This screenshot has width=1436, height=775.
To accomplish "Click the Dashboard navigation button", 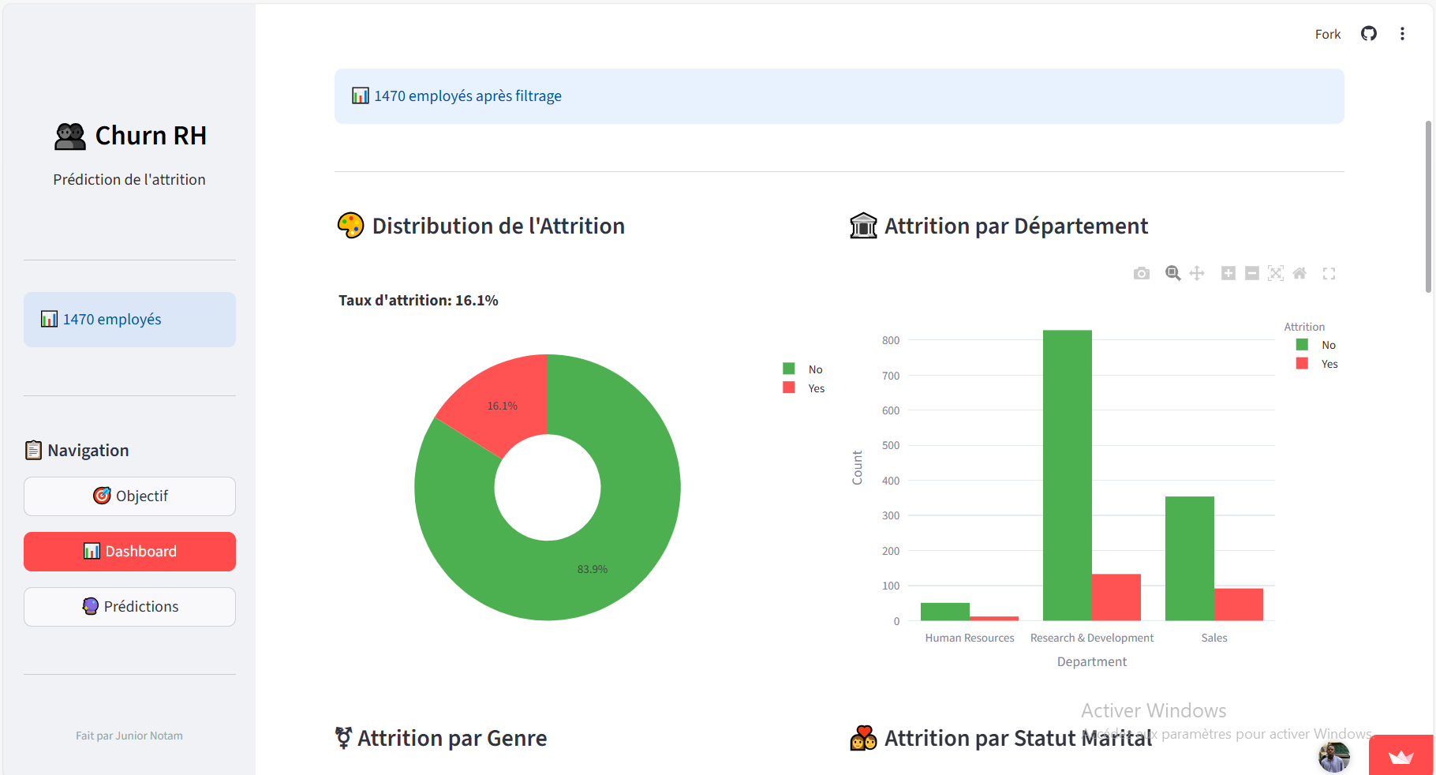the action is pyautogui.click(x=129, y=551).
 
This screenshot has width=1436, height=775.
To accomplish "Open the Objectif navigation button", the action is pyautogui.click(x=129, y=496).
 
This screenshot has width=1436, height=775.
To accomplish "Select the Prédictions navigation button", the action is pyautogui.click(x=129, y=606).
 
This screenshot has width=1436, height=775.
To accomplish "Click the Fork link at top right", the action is pyautogui.click(x=1327, y=34).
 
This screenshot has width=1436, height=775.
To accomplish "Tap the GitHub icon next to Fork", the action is pyautogui.click(x=1369, y=33).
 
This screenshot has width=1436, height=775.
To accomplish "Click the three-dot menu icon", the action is pyautogui.click(x=1402, y=33).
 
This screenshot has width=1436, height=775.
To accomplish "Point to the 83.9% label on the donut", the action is pyautogui.click(x=592, y=569).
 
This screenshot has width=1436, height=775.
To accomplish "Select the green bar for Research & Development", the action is pyautogui.click(x=1067, y=474).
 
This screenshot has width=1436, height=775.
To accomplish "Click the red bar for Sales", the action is pyautogui.click(x=1238, y=604).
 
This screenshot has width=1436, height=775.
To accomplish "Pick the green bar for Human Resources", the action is pyautogui.click(x=944, y=612).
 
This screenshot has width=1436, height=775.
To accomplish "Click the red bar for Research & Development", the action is pyautogui.click(x=1116, y=597).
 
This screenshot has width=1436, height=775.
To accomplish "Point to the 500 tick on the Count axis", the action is pyautogui.click(x=891, y=445).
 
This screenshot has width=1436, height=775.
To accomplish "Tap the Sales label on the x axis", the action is pyautogui.click(x=1213, y=638).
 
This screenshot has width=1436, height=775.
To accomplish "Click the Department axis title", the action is pyautogui.click(x=1091, y=661).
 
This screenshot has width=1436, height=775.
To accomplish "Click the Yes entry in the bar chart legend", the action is pyautogui.click(x=1329, y=364).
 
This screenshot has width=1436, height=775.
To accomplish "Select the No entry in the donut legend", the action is pyautogui.click(x=814, y=369).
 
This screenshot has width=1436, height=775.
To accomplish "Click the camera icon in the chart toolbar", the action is pyautogui.click(x=1141, y=273).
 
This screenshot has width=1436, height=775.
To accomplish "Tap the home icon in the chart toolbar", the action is pyautogui.click(x=1300, y=273).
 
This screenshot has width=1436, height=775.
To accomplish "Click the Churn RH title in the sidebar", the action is pyautogui.click(x=150, y=136).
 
